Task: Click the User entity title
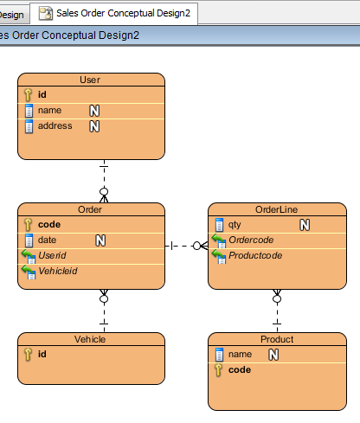90,80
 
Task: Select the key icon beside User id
28,94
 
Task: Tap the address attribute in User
55,125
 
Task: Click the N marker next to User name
94,111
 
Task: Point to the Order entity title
90,209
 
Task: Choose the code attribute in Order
49,224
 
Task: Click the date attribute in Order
47,240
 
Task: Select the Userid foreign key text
52,255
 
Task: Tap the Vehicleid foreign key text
58,271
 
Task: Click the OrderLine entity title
276,209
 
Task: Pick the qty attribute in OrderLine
235,225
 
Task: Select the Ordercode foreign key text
251,240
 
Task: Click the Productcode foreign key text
255,255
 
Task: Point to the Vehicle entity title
90,339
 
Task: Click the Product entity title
277,339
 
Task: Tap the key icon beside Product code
218,370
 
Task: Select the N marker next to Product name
273,355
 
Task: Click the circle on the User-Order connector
104,192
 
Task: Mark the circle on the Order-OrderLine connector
196,246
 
